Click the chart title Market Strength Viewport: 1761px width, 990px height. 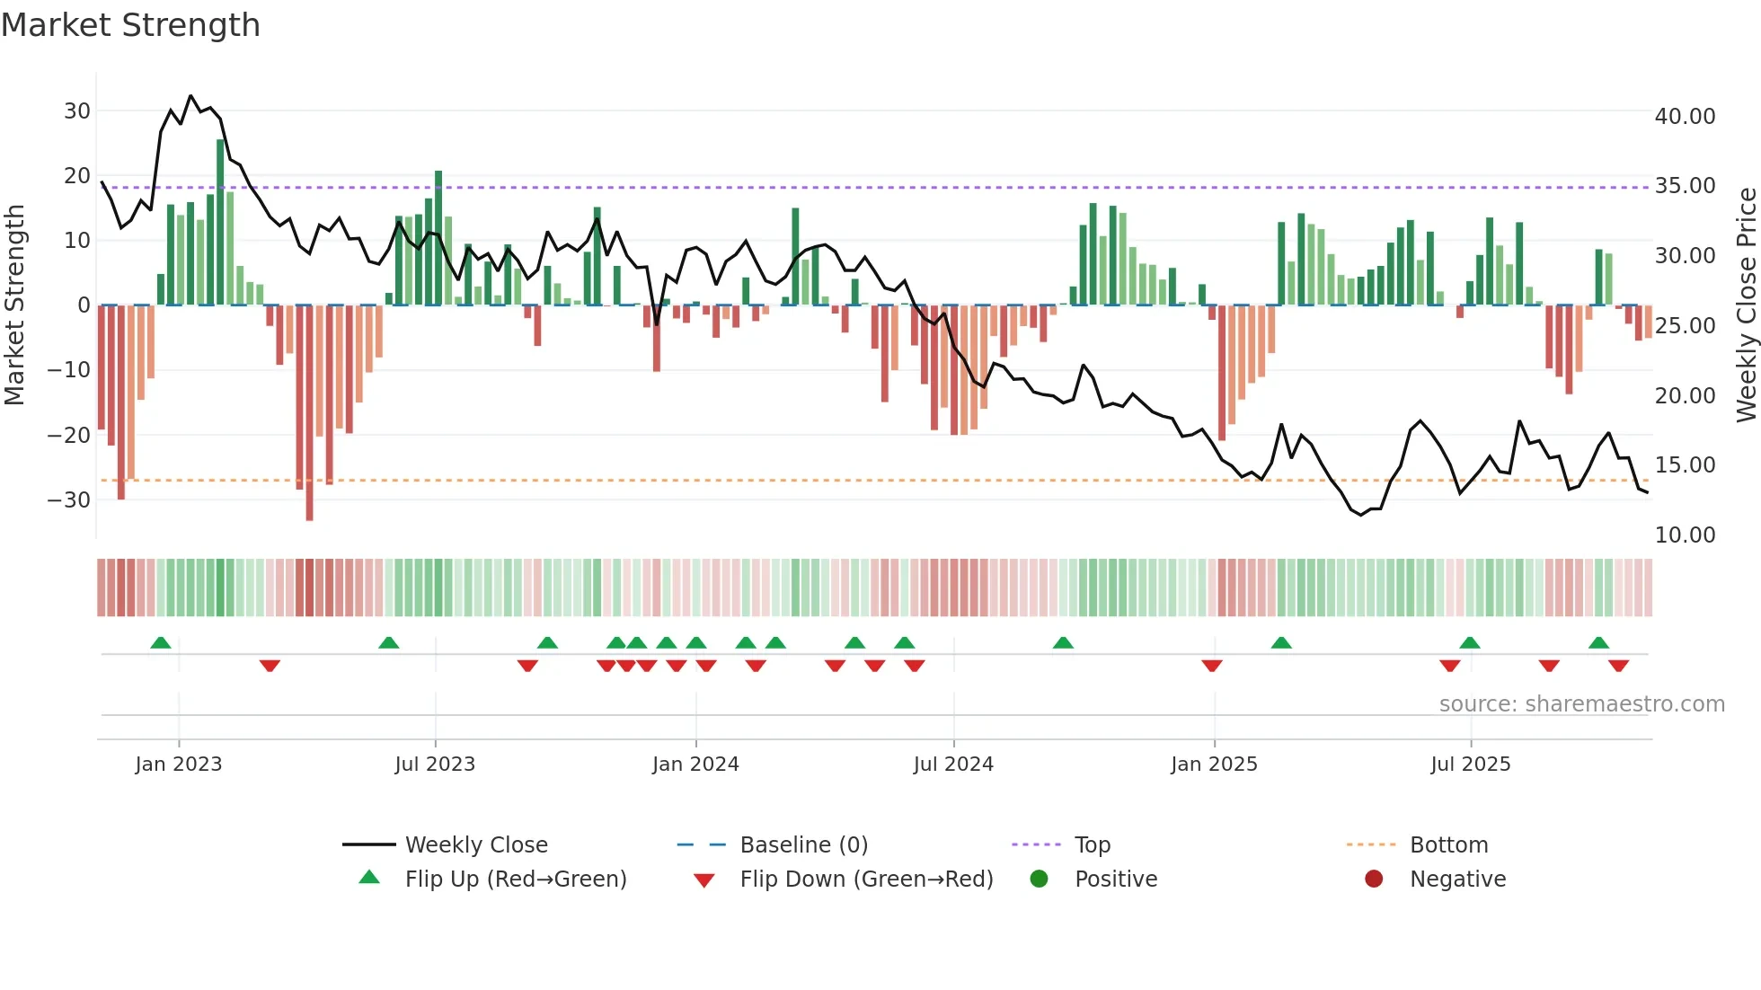tap(130, 25)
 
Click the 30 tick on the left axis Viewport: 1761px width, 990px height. tap(77, 111)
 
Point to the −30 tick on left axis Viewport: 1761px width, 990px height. tap(70, 499)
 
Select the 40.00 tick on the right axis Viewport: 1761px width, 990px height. tap(1685, 117)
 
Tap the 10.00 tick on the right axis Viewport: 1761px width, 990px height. tap(1685, 535)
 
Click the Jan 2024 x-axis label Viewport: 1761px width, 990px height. tap(695, 765)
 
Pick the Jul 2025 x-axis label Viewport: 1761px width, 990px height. tap(1470, 765)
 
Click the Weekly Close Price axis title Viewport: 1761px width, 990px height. tap(1746, 305)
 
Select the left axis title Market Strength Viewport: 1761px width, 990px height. tap(15, 305)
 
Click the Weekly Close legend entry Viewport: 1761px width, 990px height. tap(475, 845)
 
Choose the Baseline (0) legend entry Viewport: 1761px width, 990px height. tap(803, 845)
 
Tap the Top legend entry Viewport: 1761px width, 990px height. tap(1092, 845)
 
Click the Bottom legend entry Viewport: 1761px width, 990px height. tap(1448, 845)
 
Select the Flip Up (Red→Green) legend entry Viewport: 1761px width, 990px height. tap(515, 880)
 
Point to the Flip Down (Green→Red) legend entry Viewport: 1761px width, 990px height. tap(866, 880)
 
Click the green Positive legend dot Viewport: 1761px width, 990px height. tap(1039, 880)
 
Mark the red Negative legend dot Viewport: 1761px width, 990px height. tap(1374, 880)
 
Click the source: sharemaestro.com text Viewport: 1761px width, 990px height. tap(1581, 704)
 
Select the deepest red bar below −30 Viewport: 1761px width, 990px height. tap(309, 413)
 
